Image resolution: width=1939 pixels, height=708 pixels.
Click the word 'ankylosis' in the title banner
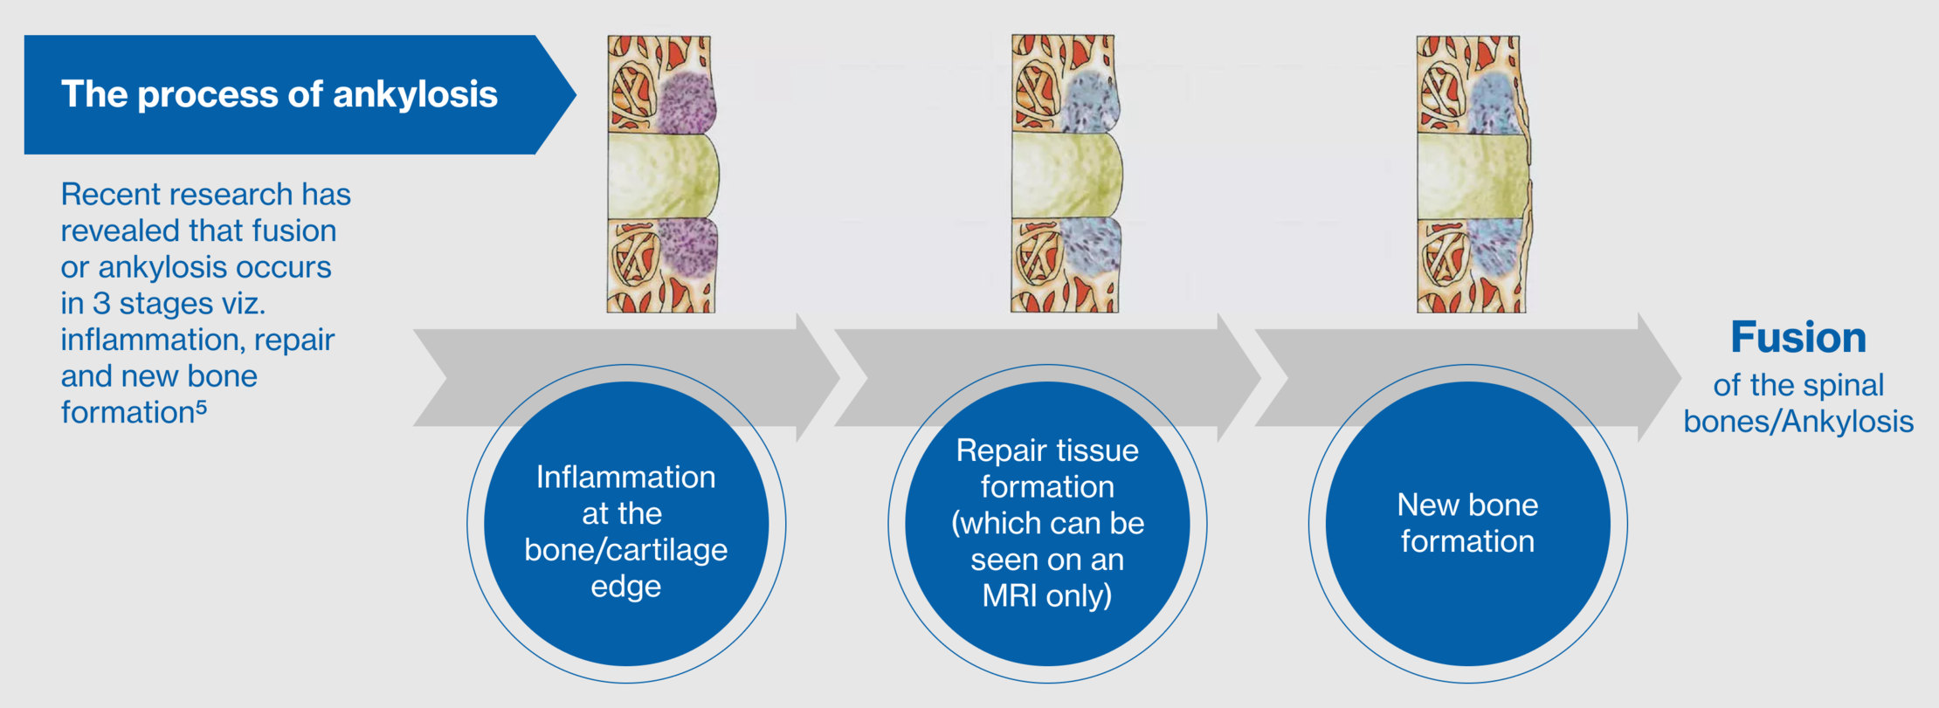[x=415, y=94]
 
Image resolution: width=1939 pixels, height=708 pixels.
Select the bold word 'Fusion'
[x=1798, y=338]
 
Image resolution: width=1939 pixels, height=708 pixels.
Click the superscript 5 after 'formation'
[x=202, y=408]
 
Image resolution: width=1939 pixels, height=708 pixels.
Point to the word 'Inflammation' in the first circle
[x=625, y=478]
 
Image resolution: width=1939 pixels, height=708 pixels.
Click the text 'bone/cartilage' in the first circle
[x=625, y=550]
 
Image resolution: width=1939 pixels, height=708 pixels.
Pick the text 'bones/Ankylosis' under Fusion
[x=1798, y=422]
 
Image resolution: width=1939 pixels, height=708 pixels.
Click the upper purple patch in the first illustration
[x=687, y=103]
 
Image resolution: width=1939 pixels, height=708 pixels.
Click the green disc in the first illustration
[x=664, y=176]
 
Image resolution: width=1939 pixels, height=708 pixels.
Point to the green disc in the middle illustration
[x=1067, y=176]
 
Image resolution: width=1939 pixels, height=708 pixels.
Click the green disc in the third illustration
[x=1473, y=176]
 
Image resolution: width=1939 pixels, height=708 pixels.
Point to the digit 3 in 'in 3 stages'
[x=101, y=304]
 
